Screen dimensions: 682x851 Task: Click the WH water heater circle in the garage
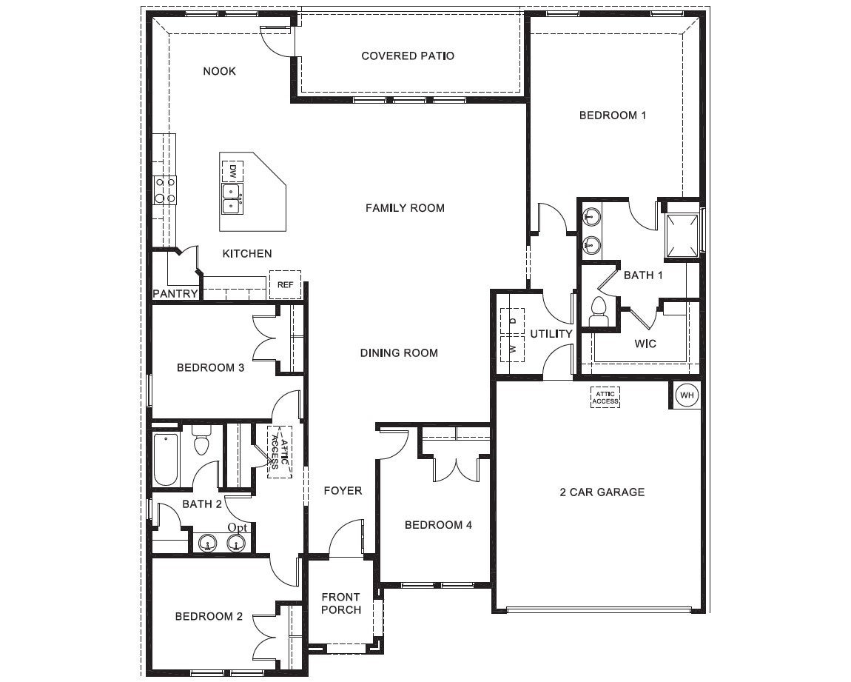click(687, 395)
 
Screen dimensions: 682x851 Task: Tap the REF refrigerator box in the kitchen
click(285, 284)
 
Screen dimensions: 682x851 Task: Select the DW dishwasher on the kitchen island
click(232, 171)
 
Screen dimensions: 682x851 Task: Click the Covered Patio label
click(408, 56)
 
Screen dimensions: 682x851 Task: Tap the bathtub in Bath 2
click(166, 459)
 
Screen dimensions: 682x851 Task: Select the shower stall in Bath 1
click(682, 235)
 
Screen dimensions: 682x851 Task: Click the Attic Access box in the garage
click(605, 398)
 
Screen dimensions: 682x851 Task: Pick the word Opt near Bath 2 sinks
click(238, 526)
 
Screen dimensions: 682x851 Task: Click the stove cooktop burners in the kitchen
click(164, 190)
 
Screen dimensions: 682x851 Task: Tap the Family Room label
click(405, 208)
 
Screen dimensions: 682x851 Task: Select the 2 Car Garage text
click(602, 492)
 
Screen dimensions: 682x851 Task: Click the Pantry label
click(175, 293)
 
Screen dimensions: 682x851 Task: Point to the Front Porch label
click(341, 603)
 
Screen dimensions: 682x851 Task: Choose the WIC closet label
click(645, 344)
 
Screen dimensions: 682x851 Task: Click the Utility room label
click(551, 334)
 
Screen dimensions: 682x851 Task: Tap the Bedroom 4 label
click(438, 525)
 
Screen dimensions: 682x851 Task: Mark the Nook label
click(219, 71)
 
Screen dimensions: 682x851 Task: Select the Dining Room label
click(399, 352)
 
